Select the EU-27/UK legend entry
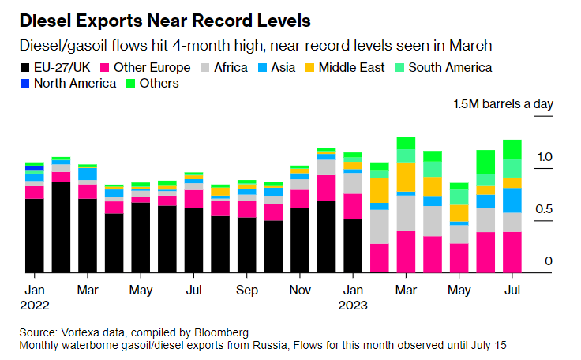pyautogui.click(x=58, y=67)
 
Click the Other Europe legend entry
pyautogui.click(x=147, y=67)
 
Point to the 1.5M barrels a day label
pyautogui.click(x=503, y=103)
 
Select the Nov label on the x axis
pyautogui.click(x=300, y=290)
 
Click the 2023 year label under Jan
pyautogui.click(x=354, y=305)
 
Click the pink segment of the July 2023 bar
pyautogui.click(x=512, y=253)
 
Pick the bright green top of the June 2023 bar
pyautogui.click(x=486, y=162)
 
